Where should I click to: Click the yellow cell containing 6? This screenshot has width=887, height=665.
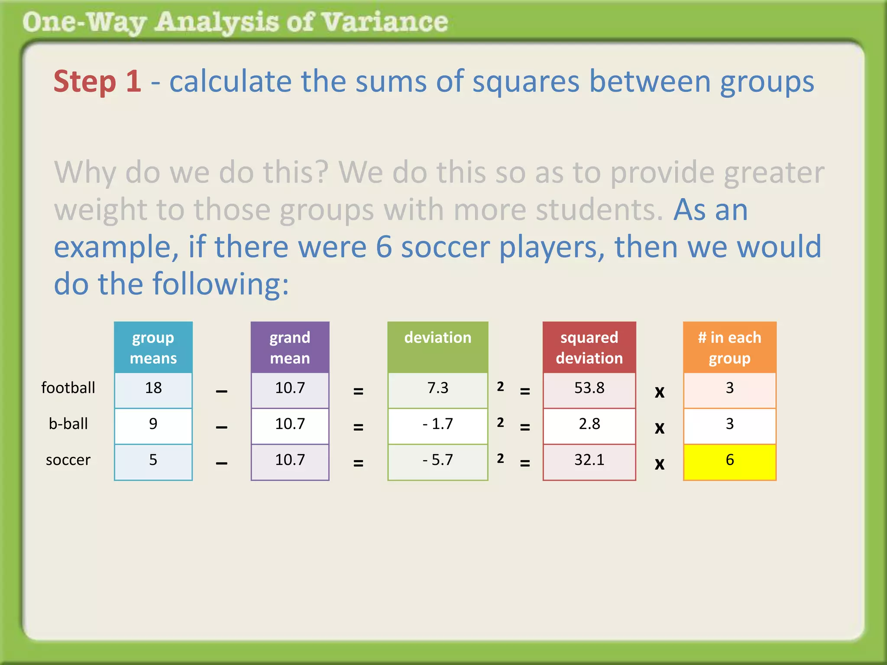pyautogui.click(x=729, y=462)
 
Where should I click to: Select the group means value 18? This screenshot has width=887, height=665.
pyautogui.click(x=153, y=388)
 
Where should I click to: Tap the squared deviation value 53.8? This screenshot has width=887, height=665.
pyautogui.click(x=589, y=388)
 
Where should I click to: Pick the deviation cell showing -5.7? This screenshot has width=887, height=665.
pyautogui.click(x=437, y=460)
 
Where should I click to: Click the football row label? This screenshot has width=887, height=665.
pyautogui.click(x=68, y=388)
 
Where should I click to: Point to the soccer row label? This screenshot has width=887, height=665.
pyautogui.click(x=68, y=460)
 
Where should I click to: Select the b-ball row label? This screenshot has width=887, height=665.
pyautogui.click(x=68, y=424)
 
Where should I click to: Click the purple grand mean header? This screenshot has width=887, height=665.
pyautogui.click(x=290, y=347)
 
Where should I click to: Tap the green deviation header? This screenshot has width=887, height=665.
pyautogui.click(x=437, y=346)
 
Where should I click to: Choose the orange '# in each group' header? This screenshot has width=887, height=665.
pyautogui.click(x=729, y=347)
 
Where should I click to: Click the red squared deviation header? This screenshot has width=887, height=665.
pyautogui.click(x=589, y=347)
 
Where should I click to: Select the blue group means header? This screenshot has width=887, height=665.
pyautogui.click(x=153, y=347)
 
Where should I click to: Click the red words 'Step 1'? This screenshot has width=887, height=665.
pyautogui.click(x=97, y=81)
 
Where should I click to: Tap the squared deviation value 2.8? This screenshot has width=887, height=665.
pyautogui.click(x=589, y=424)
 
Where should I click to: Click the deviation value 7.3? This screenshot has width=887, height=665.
pyautogui.click(x=437, y=388)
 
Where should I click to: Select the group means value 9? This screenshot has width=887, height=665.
pyautogui.click(x=153, y=424)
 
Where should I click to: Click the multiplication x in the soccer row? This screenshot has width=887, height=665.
pyautogui.click(x=659, y=464)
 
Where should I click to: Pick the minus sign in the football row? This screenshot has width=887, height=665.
pyautogui.click(x=221, y=391)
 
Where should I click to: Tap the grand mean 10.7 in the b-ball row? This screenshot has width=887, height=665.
pyautogui.click(x=290, y=424)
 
